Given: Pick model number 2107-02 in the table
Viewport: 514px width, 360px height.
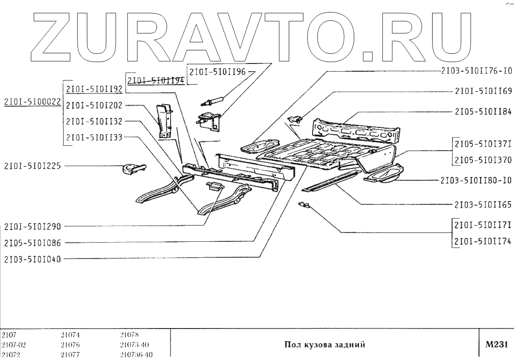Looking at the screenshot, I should pyautogui.click(x=12, y=344).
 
